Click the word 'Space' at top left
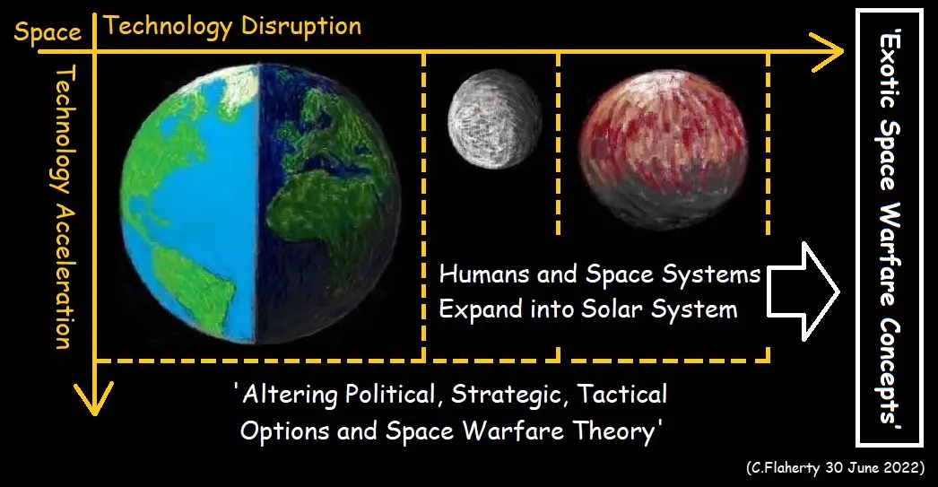(x=48, y=31)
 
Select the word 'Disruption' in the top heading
(x=301, y=26)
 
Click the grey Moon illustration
(x=494, y=119)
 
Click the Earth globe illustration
(x=260, y=204)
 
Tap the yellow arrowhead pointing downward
(x=94, y=398)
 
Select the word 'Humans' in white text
(x=484, y=274)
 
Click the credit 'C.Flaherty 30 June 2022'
(x=835, y=468)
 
